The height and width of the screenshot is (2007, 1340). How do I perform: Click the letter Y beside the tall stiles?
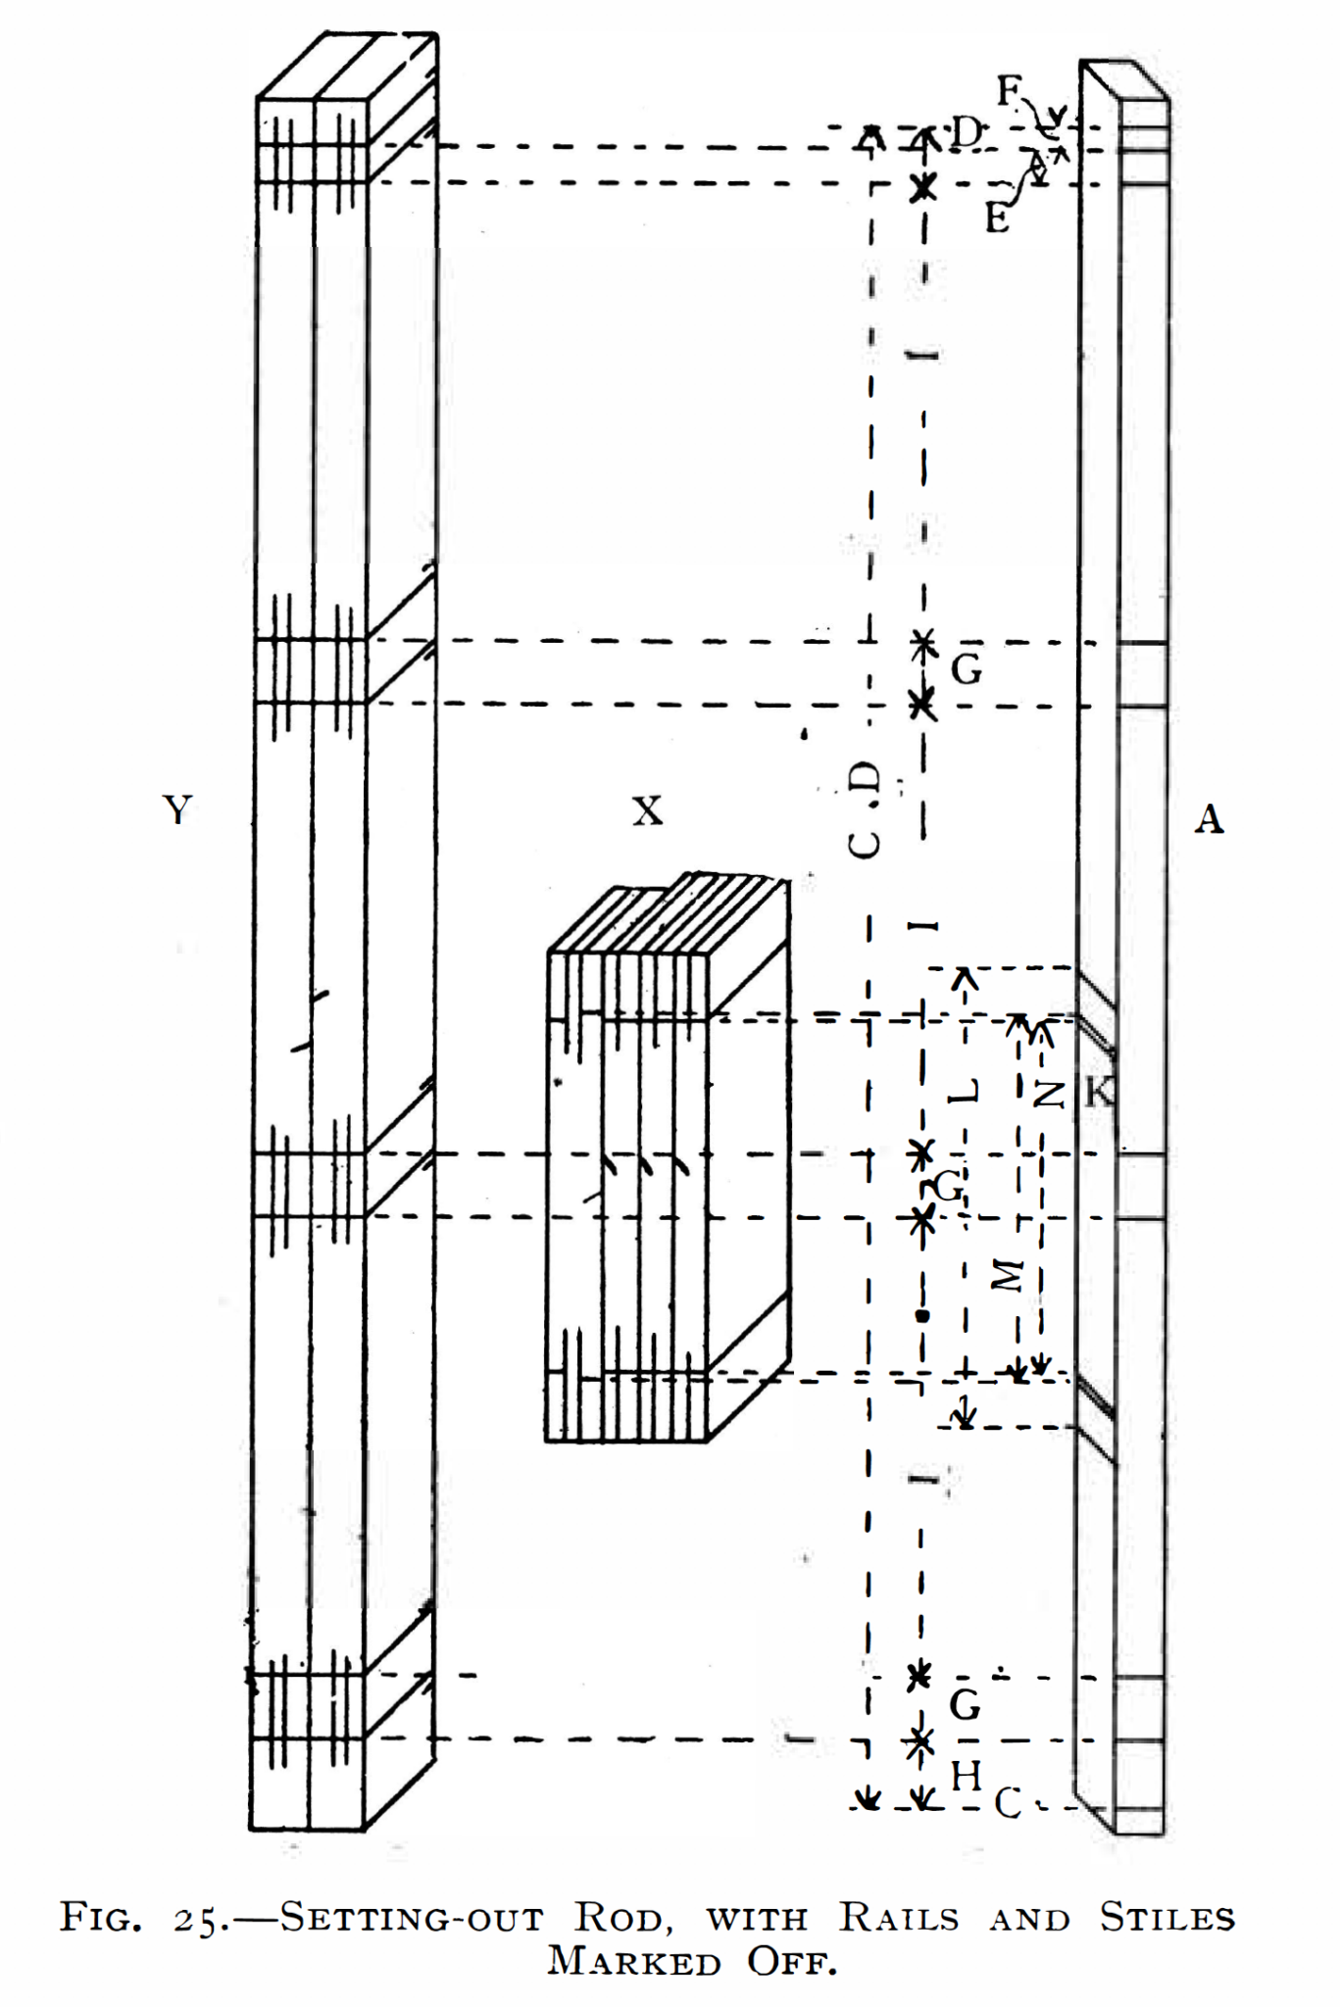pyautogui.click(x=176, y=810)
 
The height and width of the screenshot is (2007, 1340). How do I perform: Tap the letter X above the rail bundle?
pyautogui.click(x=647, y=811)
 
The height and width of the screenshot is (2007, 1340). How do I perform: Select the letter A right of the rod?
pyautogui.click(x=1209, y=818)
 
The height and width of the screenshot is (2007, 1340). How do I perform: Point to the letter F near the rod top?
pyautogui.click(x=1010, y=92)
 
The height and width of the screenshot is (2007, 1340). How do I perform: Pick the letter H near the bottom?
pyautogui.click(x=967, y=1776)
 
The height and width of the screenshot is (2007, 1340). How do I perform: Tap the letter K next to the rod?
pyautogui.click(x=1101, y=1091)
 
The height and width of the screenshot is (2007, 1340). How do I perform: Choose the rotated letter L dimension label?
pyautogui.click(x=967, y=1091)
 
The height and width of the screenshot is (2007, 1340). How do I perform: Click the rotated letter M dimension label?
pyautogui.click(x=1007, y=1275)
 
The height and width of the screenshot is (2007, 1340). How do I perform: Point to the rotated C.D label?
pyautogui.click(x=865, y=809)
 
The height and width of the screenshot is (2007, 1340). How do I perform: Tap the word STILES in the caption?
pyautogui.click(x=1166, y=1918)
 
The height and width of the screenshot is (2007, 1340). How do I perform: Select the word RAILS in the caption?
pyautogui.click(x=899, y=1918)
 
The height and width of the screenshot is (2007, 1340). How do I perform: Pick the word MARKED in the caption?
pyautogui.click(x=634, y=1961)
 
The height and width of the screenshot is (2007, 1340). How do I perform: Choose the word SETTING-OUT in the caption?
pyautogui.click(x=412, y=1918)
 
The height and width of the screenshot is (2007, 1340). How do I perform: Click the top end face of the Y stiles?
pyautogui.click(x=346, y=67)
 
